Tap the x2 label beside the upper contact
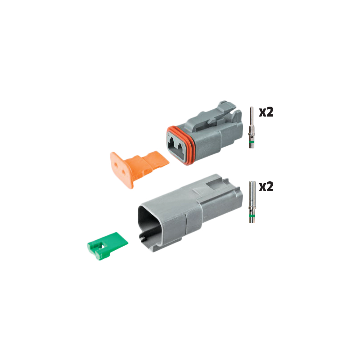click(266, 112)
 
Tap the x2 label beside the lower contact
click(266, 186)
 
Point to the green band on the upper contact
click(252, 144)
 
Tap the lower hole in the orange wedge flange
click(122, 177)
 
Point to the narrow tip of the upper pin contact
click(252, 111)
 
